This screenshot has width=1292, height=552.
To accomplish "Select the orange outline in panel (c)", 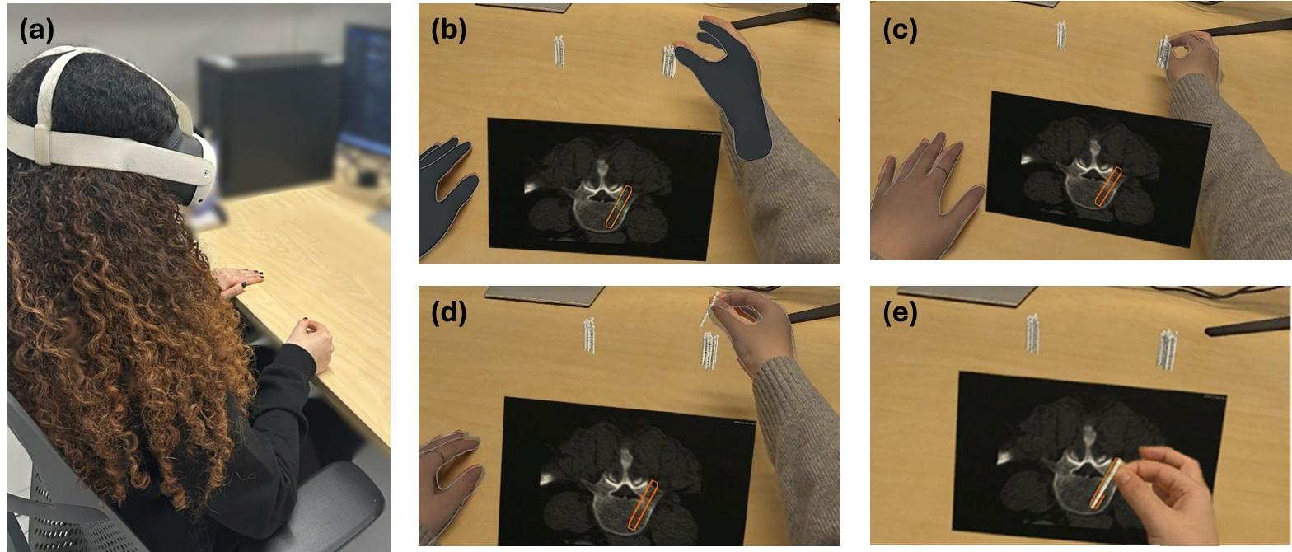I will coord(1107,186).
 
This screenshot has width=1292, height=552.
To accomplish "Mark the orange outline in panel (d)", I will coord(643,504).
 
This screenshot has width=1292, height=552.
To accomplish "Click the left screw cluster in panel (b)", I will coord(559,51).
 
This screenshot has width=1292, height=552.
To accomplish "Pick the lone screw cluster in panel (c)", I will coord(1060,35).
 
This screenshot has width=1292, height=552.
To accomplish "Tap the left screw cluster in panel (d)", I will coord(589,335).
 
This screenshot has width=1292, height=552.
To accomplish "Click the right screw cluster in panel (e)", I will coord(1168,349).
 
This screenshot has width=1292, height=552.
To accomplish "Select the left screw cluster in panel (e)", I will coord(1032,334).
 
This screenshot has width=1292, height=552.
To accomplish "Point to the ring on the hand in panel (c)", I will coord(936,171).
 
